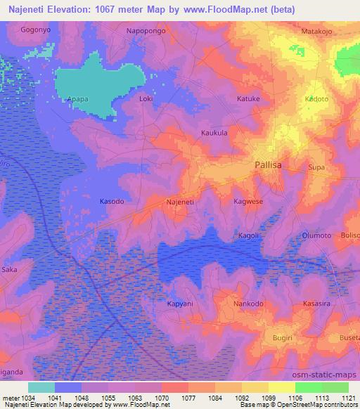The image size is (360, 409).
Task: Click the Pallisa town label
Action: [271, 166]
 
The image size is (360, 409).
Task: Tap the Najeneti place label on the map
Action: [179, 202]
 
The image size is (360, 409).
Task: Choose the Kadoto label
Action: [316, 99]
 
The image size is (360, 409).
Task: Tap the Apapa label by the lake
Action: [77, 100]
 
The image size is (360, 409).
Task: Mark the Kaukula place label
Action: [214, 132]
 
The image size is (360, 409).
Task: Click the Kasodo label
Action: [112, 201]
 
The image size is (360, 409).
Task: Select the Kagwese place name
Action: [248, 201]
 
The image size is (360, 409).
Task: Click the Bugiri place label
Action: [283, 338]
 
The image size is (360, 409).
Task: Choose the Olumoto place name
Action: [317, 236]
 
